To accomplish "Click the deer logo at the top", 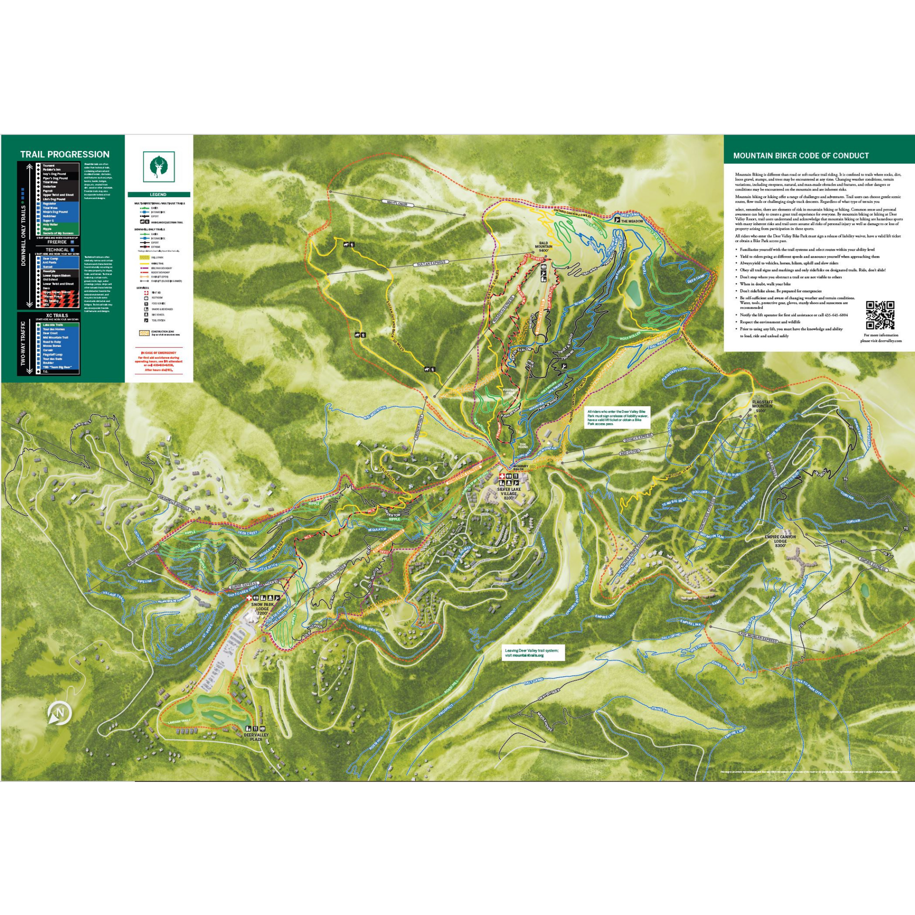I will [158, 166].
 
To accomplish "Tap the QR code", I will [879, 315].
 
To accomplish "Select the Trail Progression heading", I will [64, 154].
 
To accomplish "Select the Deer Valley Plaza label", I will [256, 749].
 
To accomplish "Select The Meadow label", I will [632, 221].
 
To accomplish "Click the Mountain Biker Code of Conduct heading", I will [801, 155].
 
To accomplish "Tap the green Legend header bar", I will [158, 195].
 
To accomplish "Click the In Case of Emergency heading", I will [158, 352].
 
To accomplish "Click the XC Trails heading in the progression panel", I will [57, 316].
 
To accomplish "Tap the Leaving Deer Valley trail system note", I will [531, 654].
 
